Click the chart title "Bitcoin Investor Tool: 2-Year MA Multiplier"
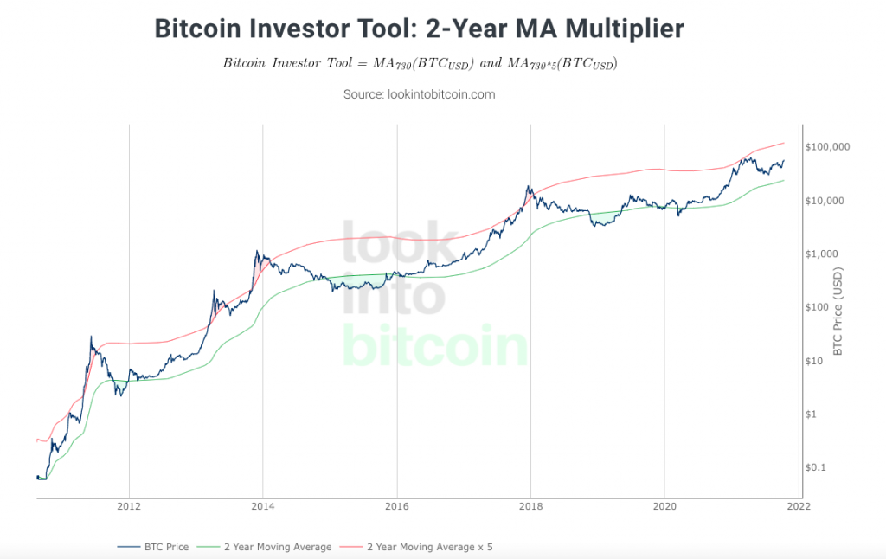click(419, 29)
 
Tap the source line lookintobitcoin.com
click(420, 94)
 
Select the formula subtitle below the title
click(420, 64)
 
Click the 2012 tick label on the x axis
click(129, 507)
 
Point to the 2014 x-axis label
click(263, 507)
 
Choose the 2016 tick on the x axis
click(396, 507)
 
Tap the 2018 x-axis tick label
click(530, 507)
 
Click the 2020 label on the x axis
click(664, 507)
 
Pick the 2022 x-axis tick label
click(798, 507)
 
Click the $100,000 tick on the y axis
click(826, 147)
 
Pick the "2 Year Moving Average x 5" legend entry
click(429, 547)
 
